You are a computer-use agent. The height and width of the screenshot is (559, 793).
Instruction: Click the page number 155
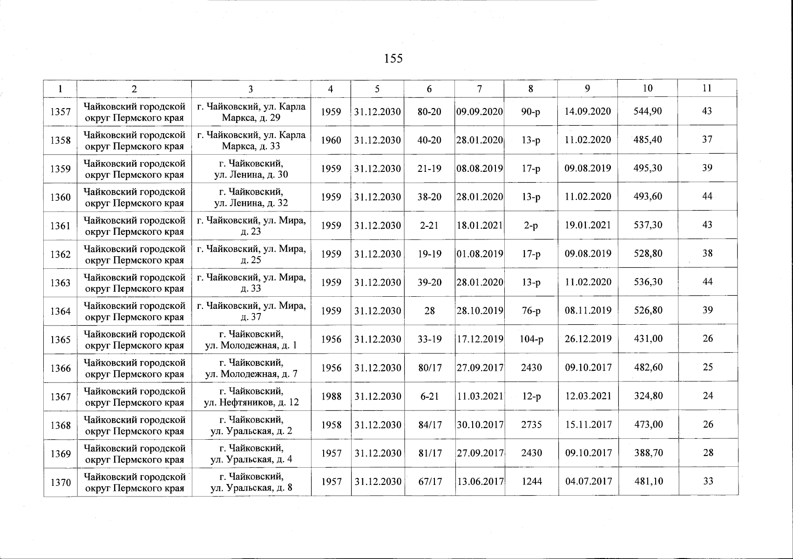[x=393, y=59]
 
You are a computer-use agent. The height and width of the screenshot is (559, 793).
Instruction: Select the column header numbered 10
[x=647, y=88]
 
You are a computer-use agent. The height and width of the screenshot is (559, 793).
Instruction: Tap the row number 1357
[x=61, y=112]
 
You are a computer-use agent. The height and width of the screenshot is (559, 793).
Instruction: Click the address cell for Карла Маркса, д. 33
[x=251, y=140]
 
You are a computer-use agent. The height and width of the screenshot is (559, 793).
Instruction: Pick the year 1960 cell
[x=331, y=140]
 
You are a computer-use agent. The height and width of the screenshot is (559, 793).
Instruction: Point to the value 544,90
[x=647, y=111]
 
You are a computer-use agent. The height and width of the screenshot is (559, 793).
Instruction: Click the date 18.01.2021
[x=479, y=225]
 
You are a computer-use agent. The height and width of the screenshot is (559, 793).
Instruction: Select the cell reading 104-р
[x=531, y=339]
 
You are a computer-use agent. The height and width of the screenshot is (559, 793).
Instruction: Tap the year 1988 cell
[x=331, y=396]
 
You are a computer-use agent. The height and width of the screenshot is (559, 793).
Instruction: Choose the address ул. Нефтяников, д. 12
[x=251, y=396]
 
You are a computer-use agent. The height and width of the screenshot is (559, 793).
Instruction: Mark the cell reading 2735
[x=531, y=425]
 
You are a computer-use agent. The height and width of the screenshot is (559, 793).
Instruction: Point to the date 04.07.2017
[x=588, y=481]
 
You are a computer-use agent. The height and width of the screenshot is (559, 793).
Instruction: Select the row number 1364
[x=61, y=311]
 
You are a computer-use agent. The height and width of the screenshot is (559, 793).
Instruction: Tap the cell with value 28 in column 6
[x=429, y=311]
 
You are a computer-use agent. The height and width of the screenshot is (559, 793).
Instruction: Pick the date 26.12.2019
[x=588, y=339]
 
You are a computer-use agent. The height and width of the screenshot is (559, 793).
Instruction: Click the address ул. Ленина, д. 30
[x=251, y=169]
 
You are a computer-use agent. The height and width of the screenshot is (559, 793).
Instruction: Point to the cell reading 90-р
[x=531, y=112]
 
